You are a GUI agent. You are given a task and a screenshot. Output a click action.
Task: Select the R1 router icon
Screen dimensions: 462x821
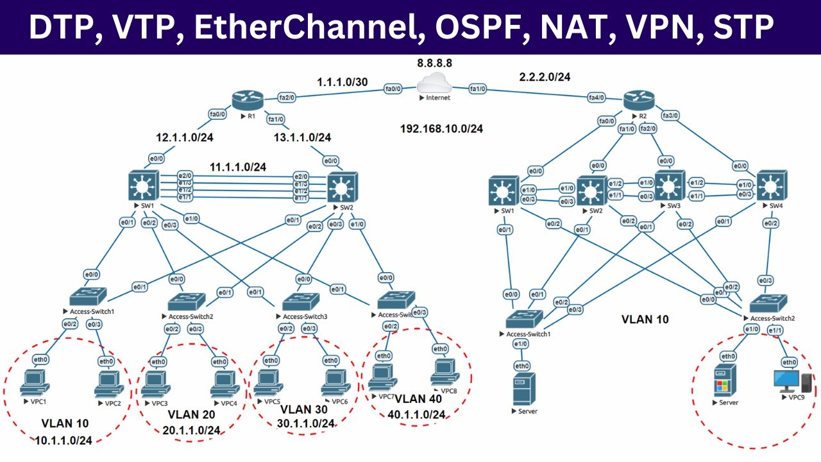pyautogui.click(x=248, y=100)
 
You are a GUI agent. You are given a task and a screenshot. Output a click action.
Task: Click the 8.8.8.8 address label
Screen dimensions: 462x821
pyautogui.click(x=434, y=64)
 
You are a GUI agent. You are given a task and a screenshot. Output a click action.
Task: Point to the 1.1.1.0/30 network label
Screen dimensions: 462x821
pyautogui.click(x=343, y=83)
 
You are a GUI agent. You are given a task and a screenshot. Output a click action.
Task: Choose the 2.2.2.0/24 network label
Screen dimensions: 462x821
pyautogui.click(x=545, y=77)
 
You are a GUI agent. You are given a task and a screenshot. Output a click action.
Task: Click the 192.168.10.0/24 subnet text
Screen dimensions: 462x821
pyautogui.click(x=441, y=128)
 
